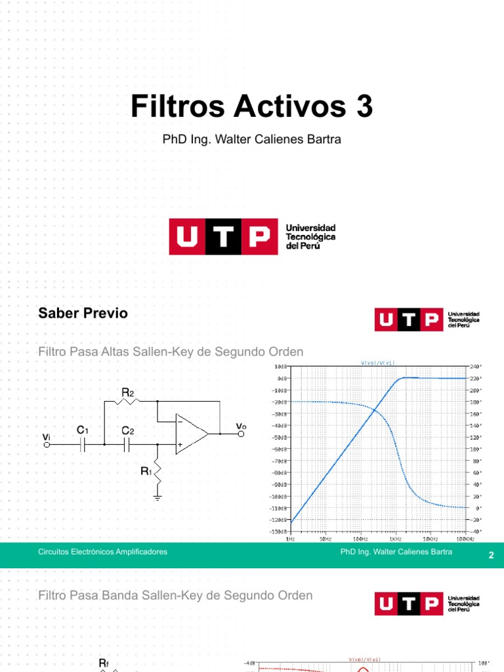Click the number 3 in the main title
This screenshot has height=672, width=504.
[x=364, y=106]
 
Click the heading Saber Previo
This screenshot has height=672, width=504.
[x=83, y=313]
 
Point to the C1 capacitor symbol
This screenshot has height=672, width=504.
[x=83, y=445]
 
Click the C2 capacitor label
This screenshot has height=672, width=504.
[x=127, y=430]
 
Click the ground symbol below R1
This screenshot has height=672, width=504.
[x=157, y=497]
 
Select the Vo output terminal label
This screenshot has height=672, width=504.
[x=241, y=427]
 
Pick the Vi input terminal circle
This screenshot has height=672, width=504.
[x=47, y=445]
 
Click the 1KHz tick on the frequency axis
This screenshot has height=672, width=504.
[x=394, y=539]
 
